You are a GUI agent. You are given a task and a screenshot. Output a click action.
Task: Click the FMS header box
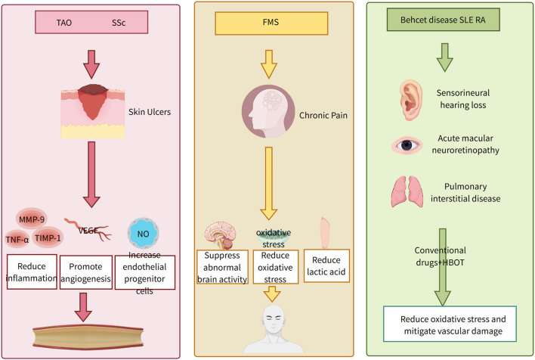click(271, 23)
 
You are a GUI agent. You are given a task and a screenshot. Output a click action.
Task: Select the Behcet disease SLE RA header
click(444, 20)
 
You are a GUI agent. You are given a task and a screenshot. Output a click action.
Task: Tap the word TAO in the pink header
click(63, 23)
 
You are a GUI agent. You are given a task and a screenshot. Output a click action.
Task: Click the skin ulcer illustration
click(93, 111)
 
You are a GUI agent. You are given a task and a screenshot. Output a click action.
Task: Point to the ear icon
click(411, 100)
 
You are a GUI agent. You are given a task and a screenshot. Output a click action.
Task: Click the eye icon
click(407, 145)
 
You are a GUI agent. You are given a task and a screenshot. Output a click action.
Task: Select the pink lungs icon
click(407, 191)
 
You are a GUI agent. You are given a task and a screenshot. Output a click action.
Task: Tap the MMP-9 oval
click(32, 219)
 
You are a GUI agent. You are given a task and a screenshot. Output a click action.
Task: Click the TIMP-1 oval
click(48, 237)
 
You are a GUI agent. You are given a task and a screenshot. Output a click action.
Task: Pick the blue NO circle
click(144, 234)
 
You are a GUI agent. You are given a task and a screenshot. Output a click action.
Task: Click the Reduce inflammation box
click(32, 272)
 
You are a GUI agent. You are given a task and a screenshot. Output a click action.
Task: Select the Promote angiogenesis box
click(86, 272)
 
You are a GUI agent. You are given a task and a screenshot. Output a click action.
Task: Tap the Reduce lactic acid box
click(326, 265)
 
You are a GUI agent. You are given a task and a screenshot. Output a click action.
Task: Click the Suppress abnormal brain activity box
click(222, 267)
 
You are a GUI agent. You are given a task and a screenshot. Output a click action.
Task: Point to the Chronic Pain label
click(323, 116)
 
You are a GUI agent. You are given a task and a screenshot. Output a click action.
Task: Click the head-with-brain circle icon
click(268, 111)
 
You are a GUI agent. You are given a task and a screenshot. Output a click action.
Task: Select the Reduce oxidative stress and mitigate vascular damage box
click(450, 324)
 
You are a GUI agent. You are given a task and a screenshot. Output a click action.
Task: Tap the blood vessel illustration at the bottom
click(88, 337)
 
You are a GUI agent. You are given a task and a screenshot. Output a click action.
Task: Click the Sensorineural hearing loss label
click(463, 99)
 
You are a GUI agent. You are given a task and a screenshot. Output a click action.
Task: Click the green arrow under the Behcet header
click(444, 57)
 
